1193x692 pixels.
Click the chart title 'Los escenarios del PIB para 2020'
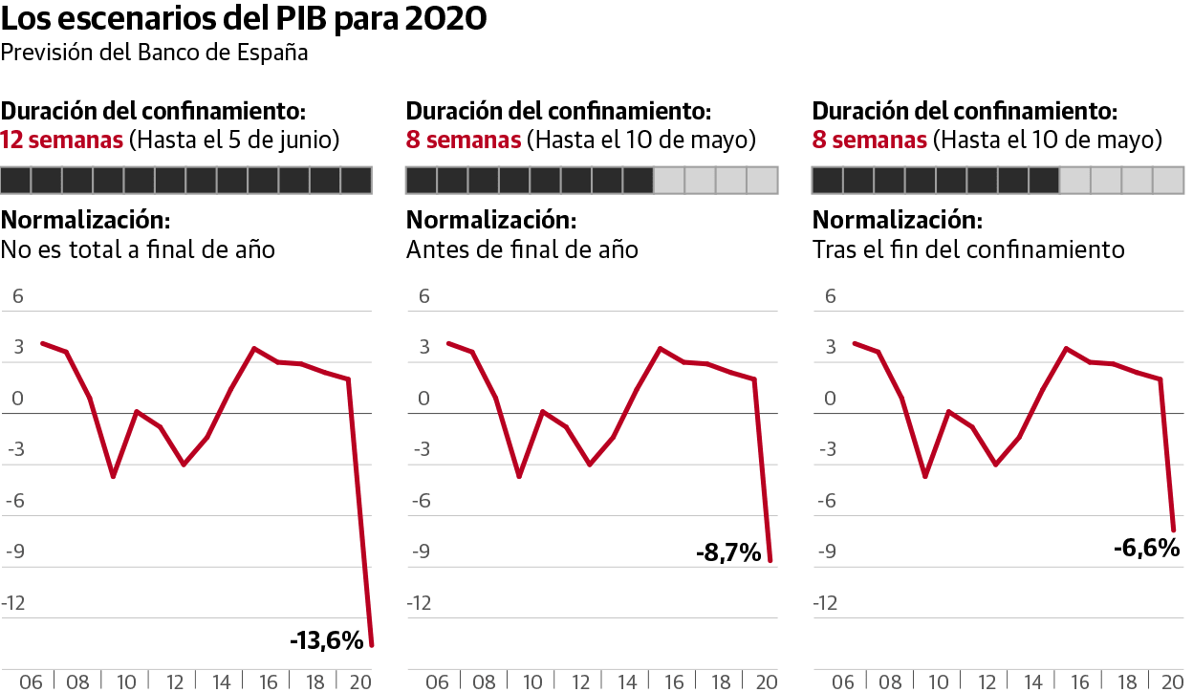tap(244, 19)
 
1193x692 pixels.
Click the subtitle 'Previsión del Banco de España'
tap(154, 53)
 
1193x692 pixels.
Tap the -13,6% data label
tap(326, 640)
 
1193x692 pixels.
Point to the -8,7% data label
tap(728, 552)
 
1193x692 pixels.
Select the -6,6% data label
tap(1146, 549)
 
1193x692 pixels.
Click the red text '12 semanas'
tap(62, 140)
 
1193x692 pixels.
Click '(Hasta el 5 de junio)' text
tap(234, 140)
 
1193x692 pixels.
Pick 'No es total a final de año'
tap(139, 250)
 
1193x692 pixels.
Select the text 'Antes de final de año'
tap(522, 250)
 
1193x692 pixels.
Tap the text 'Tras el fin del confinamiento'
tap(968, 250)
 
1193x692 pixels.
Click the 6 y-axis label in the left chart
tap(17, 296)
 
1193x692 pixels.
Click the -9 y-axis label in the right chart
tap(827, 551)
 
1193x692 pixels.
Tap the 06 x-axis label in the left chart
tap(32, 681)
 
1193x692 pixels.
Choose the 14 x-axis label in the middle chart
tap(626, 681)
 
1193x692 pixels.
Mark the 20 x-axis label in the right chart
tap(1170, 681)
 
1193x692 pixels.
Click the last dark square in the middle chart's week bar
tap(638, 180)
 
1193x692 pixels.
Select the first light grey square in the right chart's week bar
tap(1074, 180)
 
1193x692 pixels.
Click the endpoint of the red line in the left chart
tap(371, 646)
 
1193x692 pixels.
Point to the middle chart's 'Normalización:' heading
tap(490, 220)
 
